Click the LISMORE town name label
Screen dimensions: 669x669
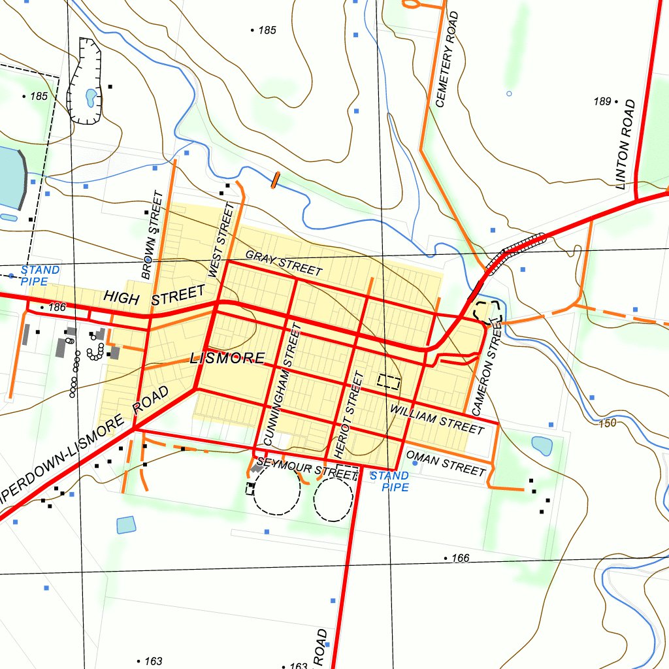[x=227, y=358]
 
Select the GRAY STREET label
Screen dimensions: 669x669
[x=284, y=263]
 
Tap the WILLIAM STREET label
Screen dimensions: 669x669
[x=437, y=419]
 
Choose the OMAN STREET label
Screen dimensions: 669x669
[x=446, y=463]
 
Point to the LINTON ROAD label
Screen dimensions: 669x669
[x=625, y=144]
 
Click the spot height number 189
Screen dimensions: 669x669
[x=602, y=101]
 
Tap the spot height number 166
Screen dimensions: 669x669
[x=460, y=558]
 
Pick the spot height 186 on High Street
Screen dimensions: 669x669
[x=57, y=307]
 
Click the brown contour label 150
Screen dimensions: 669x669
[x=607, y=423]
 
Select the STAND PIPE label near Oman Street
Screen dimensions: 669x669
[x=389, y=481]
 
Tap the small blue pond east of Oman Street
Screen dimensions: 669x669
[x=542, y=446]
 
